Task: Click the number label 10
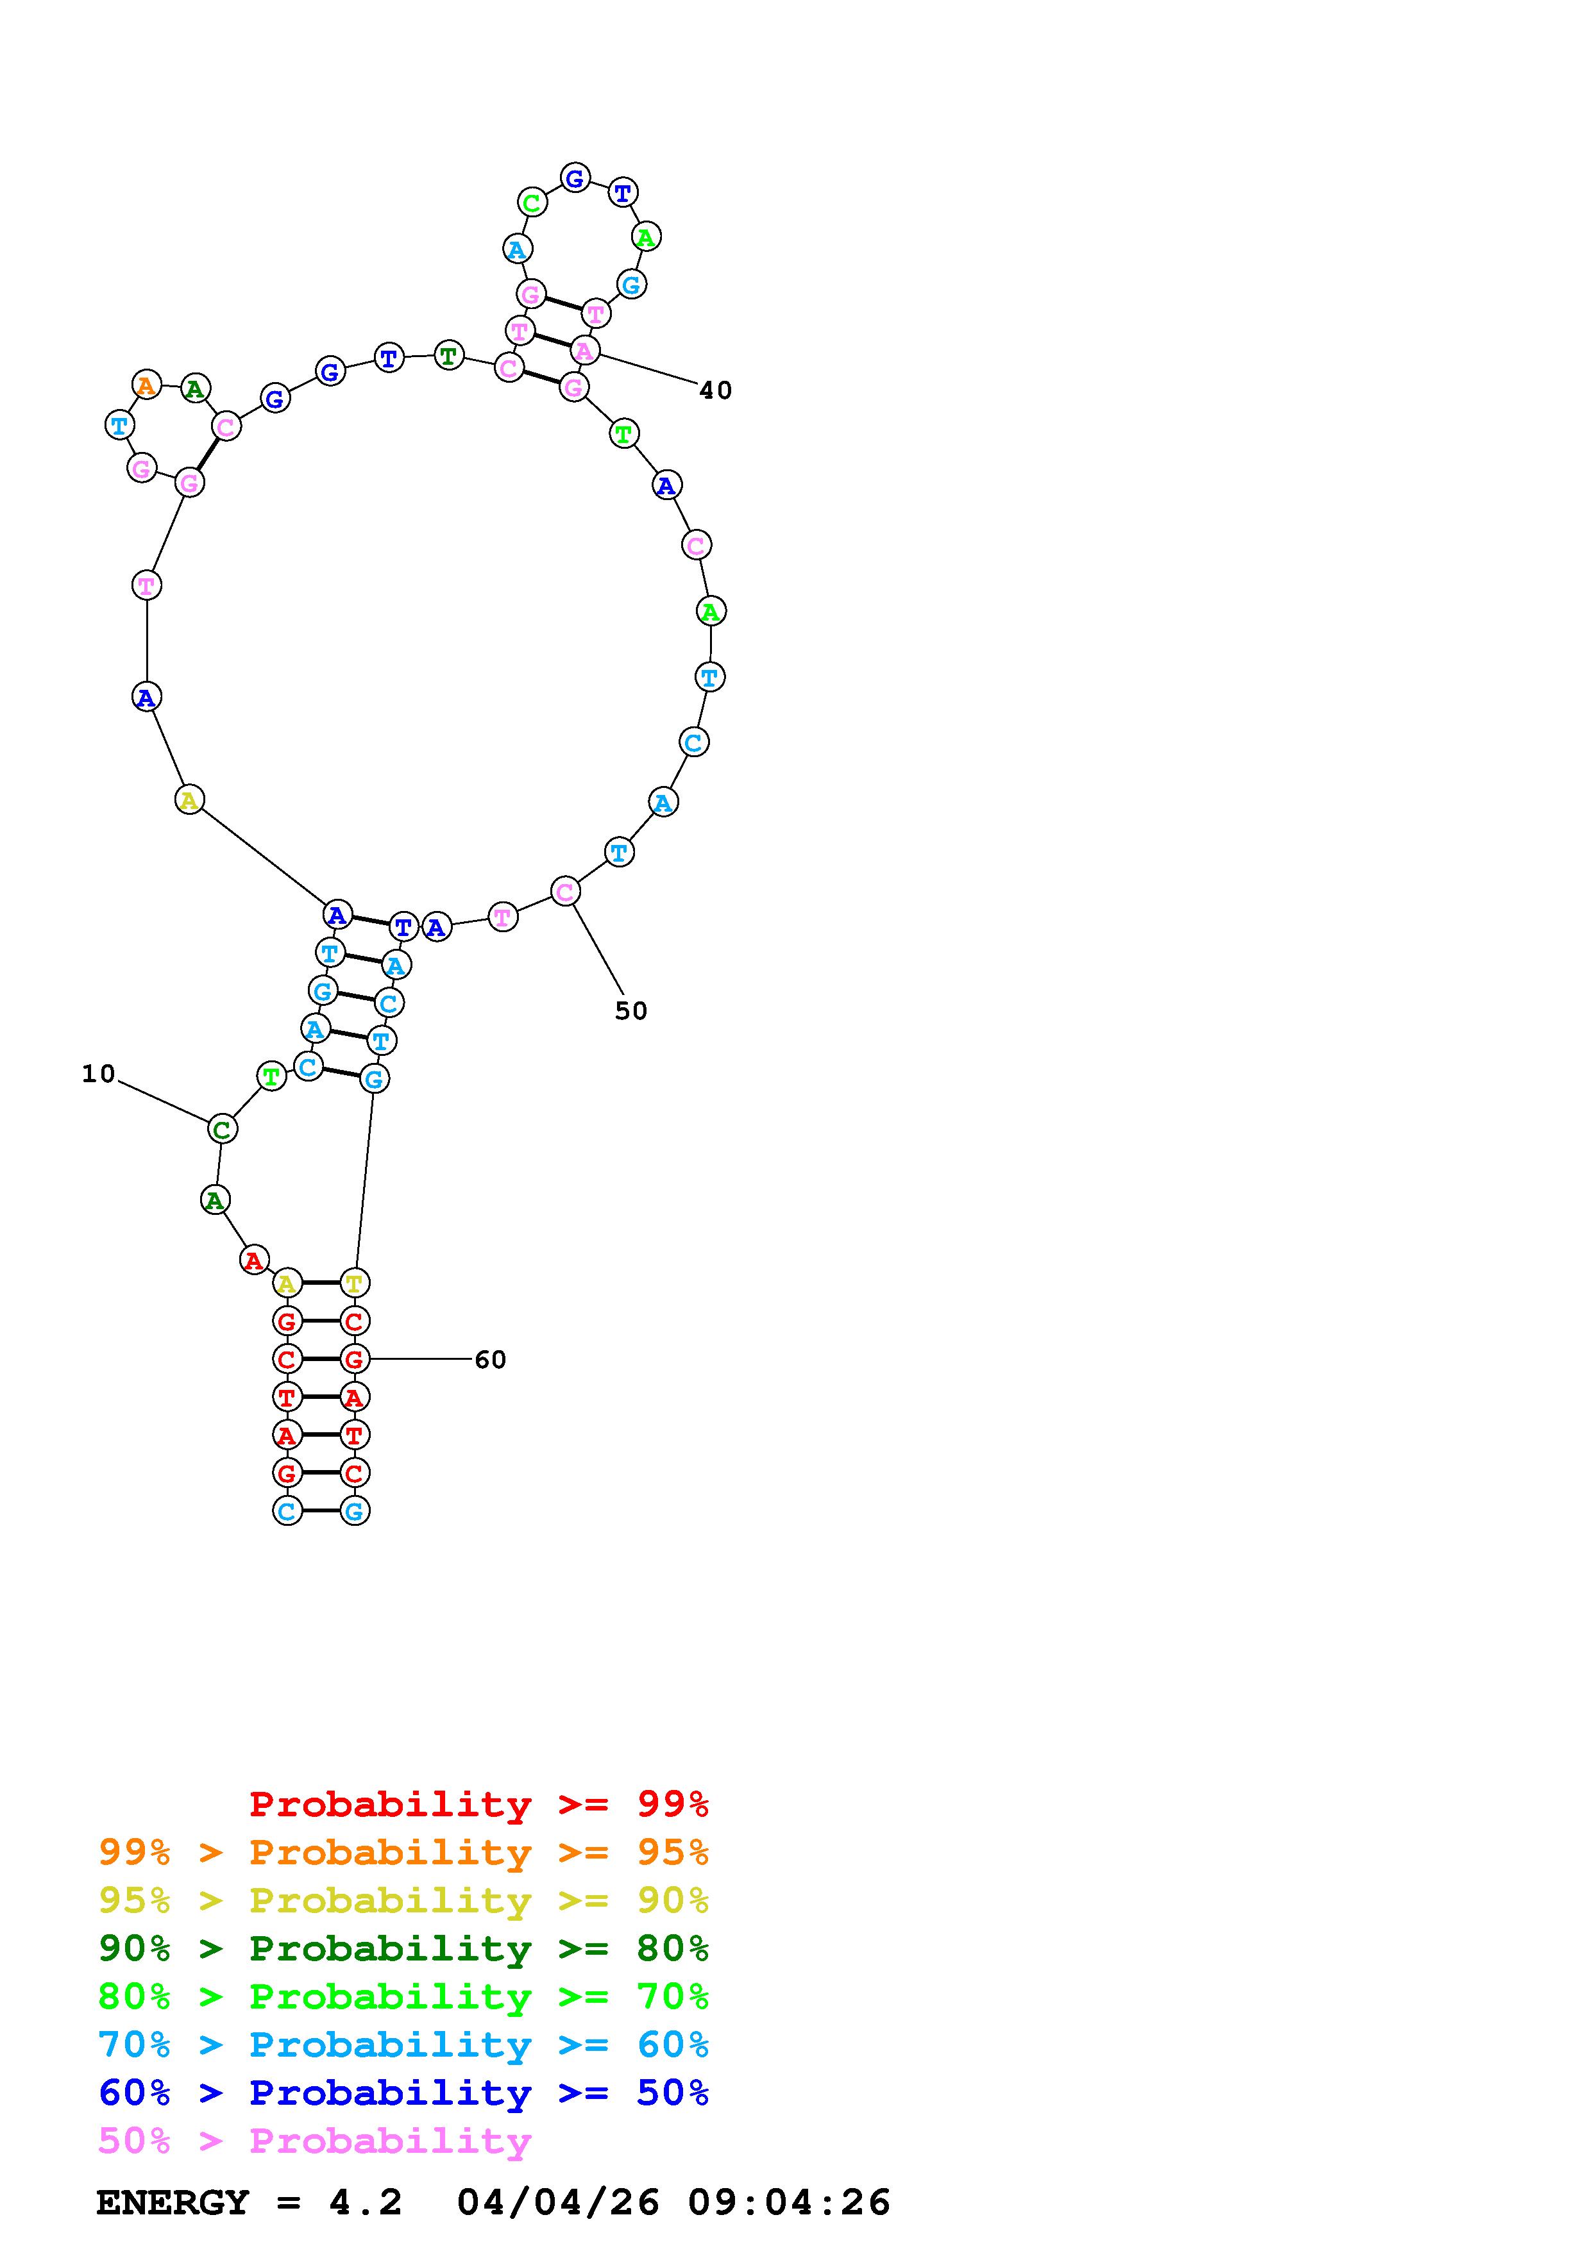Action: (x=98, y=1074)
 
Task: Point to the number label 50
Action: (x=631, y=1011)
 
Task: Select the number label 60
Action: (x=490, y=1360)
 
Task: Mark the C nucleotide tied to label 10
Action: (x=223, y=1130)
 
